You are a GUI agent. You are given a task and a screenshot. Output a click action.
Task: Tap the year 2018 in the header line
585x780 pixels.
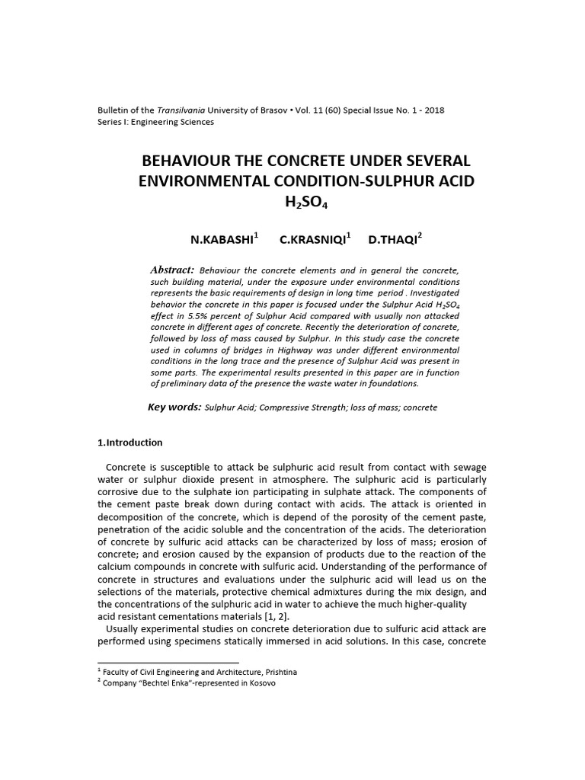click(x=434, y=110)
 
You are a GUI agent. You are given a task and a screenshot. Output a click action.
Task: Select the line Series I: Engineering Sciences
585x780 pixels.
click(x=156, y=122)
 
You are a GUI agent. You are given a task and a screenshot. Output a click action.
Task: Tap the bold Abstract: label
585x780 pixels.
click(x=173, y=270)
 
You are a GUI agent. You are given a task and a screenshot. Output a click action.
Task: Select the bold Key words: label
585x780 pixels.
click(x=174, y=408)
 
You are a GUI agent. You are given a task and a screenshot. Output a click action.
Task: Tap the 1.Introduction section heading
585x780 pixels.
click(x=130, y=443)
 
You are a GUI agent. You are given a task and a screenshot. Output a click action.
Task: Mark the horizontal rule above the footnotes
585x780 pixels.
click(x=168, y=663)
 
